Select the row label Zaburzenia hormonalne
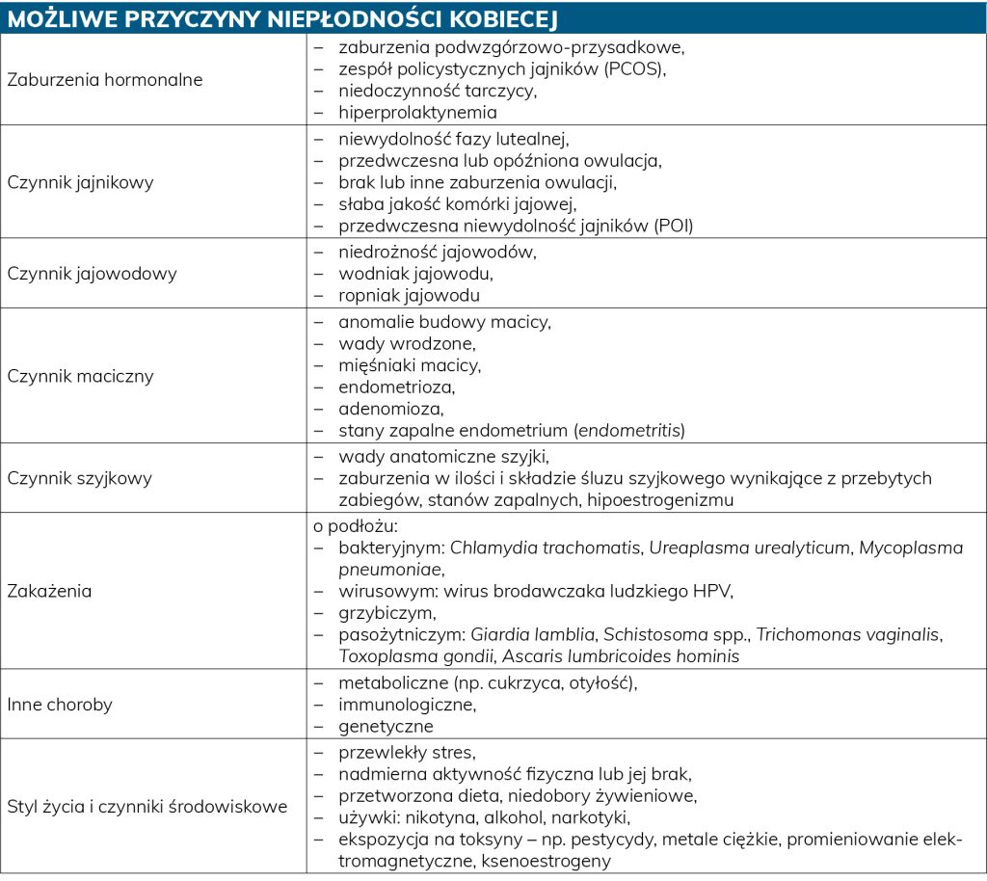point(105,80)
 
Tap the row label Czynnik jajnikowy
point(80,181)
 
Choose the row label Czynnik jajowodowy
point(93,274)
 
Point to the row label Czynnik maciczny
point(80,376)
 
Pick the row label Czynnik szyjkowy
point(79,478)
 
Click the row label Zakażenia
point(49,591)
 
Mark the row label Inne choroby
point(60,705)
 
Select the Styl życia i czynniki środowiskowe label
point(147,807)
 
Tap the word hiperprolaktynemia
point(417,113)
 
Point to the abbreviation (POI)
point(673,227)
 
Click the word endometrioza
point(396,387)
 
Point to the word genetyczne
point(386,726)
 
